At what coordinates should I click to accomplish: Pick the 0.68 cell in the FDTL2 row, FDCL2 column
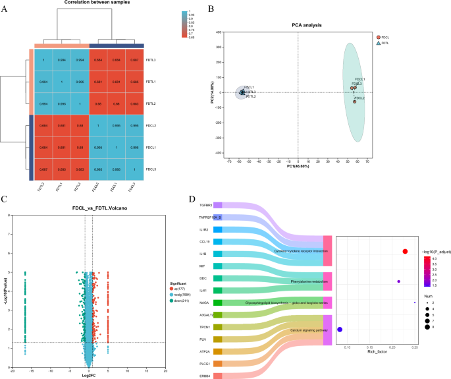[x=97, y=103]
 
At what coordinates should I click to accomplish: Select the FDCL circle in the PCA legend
[x=379, y=37]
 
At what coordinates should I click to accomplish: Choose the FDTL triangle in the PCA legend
[x=379, y=44]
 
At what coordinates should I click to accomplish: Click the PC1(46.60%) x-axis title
[x=298, y=166]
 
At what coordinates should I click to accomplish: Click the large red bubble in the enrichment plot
[x=405, y=251]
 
